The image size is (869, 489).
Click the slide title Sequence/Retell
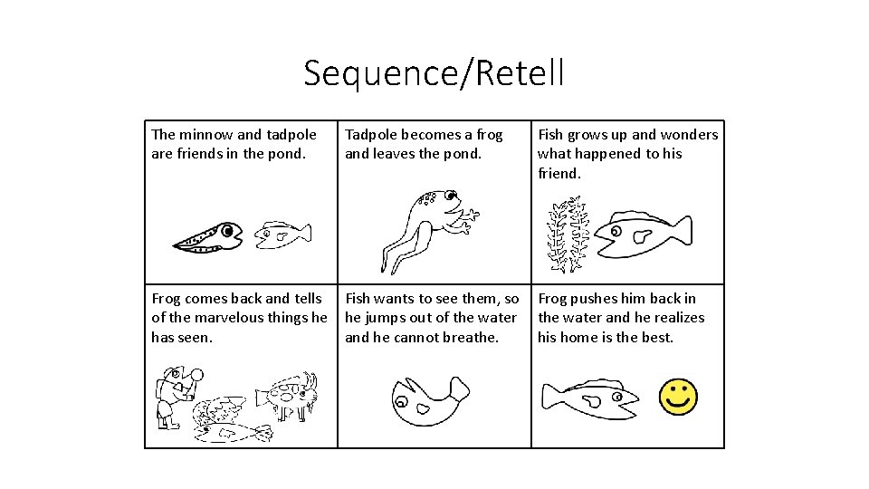(x=434, y=73)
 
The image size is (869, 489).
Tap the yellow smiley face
(x=677, y=398)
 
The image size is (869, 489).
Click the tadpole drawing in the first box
(x=208, y=237)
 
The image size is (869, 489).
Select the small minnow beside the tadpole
(x=282, y=235)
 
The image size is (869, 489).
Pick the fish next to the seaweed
(x=643, y=234)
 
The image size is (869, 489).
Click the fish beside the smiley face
(x=589, y=399)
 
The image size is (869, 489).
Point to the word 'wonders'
(x=690, y=135)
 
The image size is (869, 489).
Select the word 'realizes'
(x=675, y=318)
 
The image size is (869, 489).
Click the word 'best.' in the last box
(x=656, y=337)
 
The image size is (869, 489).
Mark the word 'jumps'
(x=387, y=318)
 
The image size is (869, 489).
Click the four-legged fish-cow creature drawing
(x=287, y=394)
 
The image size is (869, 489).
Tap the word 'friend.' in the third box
(x=559, y=173)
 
